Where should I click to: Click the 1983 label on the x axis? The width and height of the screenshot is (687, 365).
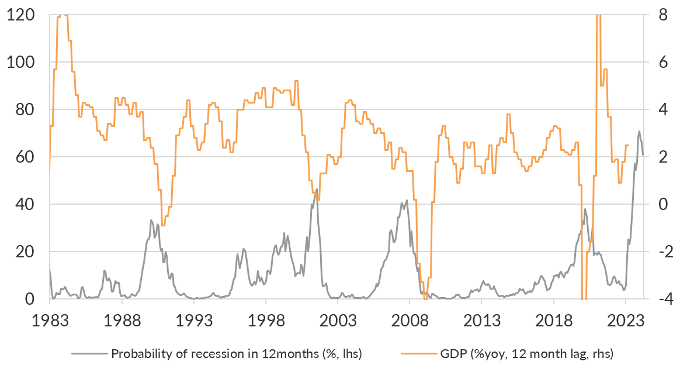click(50, 321)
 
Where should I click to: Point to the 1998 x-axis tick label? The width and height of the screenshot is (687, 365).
click(266, 321)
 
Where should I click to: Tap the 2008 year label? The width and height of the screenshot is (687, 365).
click(410, 321)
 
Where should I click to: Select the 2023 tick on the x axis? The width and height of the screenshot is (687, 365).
click(626, 321)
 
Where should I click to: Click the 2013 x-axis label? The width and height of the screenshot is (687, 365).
click(481, 321)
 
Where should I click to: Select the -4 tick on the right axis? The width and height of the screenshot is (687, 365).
click(660, 299)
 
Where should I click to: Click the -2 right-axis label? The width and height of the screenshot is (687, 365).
click(660, 252)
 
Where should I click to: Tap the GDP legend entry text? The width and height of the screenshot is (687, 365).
click(526, 353)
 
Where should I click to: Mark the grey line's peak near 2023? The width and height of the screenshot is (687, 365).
click(639, 131)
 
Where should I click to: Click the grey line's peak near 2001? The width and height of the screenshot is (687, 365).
click(317, 189)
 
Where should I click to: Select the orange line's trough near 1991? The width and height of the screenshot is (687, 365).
click(163, 225)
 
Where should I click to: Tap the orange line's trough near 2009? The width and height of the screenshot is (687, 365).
click(425, 298)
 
